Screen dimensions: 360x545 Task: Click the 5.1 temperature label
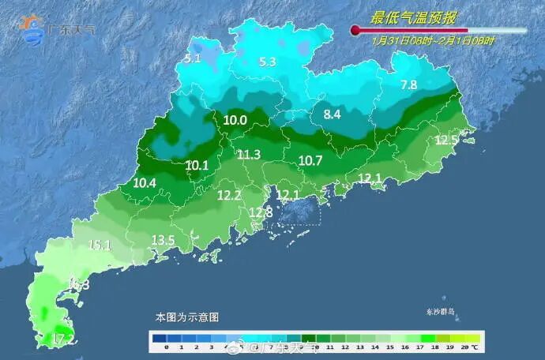[193, 58]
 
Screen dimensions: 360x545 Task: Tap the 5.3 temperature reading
[267, 62]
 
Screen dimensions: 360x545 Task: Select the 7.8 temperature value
[408, 84]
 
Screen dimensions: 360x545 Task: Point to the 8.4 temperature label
[332, 114]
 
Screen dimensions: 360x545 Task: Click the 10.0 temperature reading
[235, 120]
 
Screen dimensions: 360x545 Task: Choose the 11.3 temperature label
[249, 155]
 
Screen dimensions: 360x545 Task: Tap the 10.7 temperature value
[310, 160]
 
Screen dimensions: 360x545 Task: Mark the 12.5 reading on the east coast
[446, 141]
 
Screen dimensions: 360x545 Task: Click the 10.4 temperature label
[145, 183]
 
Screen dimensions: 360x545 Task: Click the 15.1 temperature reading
[100, 246]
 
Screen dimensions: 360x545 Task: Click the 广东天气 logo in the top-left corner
[57, 28]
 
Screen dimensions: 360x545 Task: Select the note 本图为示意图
[186, 317]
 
